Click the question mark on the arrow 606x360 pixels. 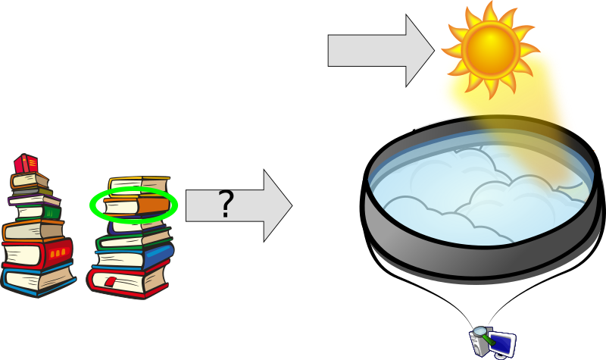(x=226, y=205)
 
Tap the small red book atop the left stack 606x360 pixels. (x=26, y=163)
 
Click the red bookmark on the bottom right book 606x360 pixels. (x=111, y=282)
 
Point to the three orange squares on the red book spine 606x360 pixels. (x=58, y=251)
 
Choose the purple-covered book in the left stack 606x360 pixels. (x=30, y=200)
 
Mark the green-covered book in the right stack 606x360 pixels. (x=133, y=238)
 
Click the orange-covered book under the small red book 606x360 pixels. (x=29, y=180)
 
